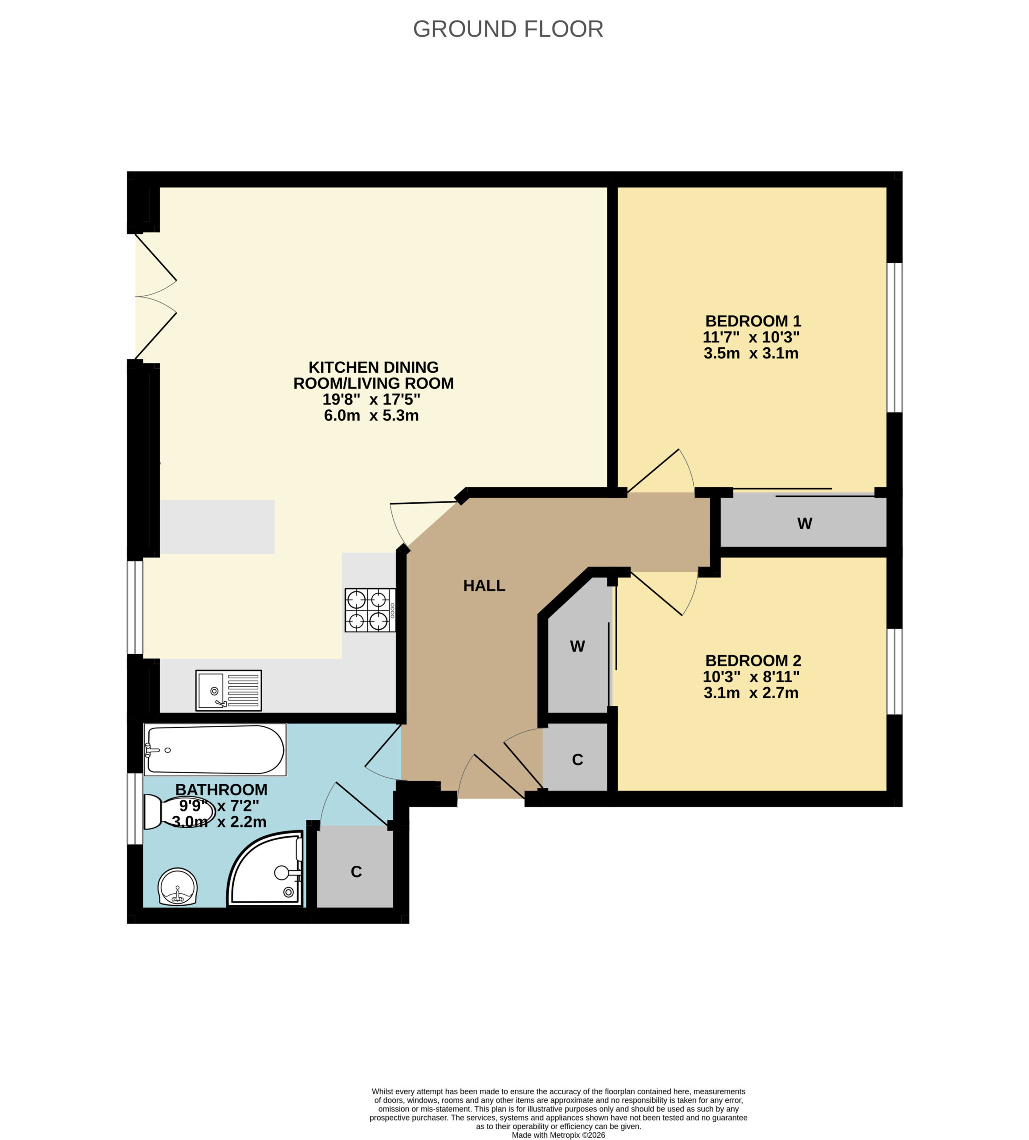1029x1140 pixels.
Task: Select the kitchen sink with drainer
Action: tap(228, 690)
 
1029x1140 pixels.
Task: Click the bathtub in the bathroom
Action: tap(215, 750)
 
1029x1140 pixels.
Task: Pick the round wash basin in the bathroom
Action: tap(178, 887)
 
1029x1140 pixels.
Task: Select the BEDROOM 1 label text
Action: tap(753, 321)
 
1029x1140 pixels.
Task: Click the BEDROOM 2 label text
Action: tap(753, 660)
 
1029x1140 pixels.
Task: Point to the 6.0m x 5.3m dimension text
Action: tap(371, 415)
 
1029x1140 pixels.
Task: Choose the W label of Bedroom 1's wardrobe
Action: tap(805, 524)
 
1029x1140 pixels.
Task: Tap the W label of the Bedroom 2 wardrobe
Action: tap(577, 646)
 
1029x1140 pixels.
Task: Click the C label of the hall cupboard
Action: tap(577, 759)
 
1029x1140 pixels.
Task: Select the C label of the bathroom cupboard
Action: tap(356, 871)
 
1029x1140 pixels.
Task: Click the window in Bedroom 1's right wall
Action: tap(895, 338)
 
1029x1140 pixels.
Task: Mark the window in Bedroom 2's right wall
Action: tap(895, 672)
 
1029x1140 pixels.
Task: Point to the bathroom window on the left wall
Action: tap(135, 809)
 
